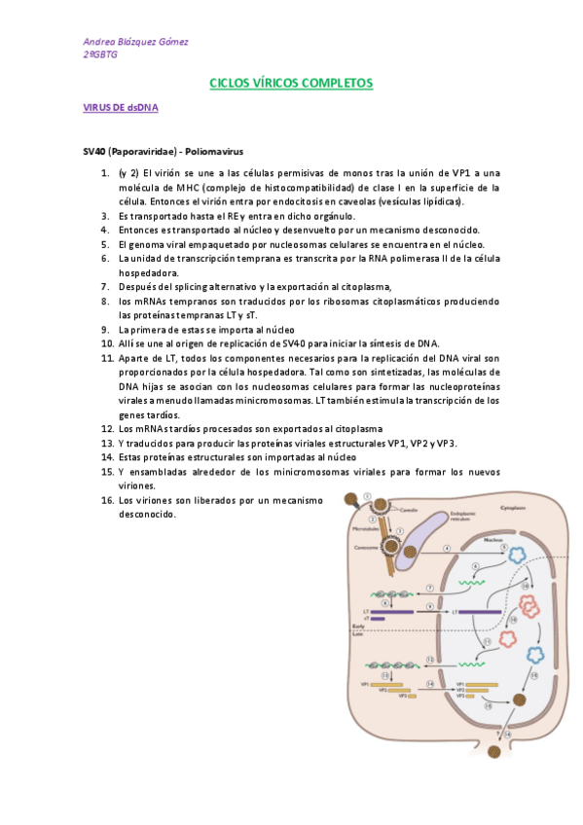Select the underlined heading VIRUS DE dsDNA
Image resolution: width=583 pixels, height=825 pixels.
[121, 109]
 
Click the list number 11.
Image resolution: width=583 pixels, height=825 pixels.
[107, 358]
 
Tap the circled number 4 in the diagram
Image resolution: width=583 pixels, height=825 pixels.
[447, 550]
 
